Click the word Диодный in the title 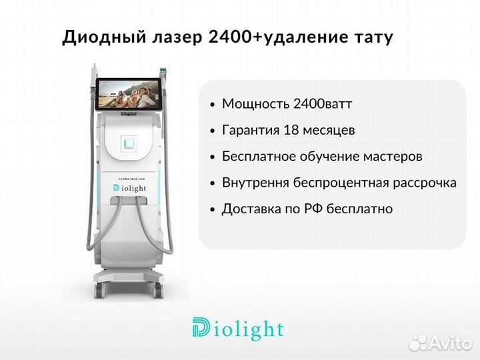point(103,37)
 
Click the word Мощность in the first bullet point(255,104)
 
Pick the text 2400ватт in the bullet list point(323,104)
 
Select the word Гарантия point(251,131)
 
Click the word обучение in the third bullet point(329,157)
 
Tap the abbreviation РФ point(313,209)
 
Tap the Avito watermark point(441,343)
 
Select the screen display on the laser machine point(129,94)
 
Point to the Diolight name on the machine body point(129,188)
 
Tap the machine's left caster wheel point(100,289)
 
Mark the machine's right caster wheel point(157,289)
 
